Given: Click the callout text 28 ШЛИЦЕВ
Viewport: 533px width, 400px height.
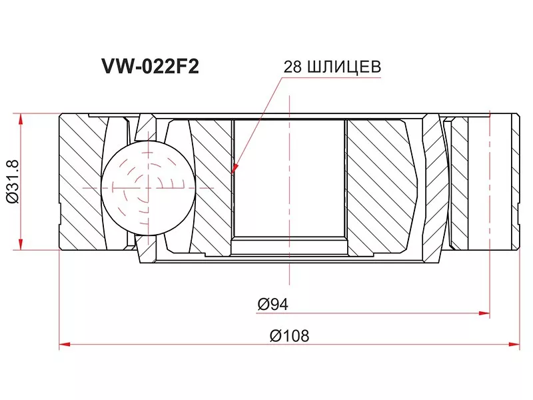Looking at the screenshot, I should click(332, 67).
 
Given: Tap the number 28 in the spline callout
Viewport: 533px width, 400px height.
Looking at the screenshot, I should click(292, 67).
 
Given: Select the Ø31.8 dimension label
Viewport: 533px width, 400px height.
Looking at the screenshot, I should click(11, 181).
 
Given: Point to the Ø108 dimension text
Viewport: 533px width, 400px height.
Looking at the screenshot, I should click(290, 336).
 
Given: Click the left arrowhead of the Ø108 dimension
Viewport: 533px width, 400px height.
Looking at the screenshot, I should click(65, 345).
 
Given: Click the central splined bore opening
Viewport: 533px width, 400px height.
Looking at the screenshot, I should click(290, 180).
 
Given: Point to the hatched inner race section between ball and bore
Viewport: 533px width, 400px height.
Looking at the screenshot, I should click(212, 187).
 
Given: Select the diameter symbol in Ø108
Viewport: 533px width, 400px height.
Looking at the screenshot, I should click(274, 336).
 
